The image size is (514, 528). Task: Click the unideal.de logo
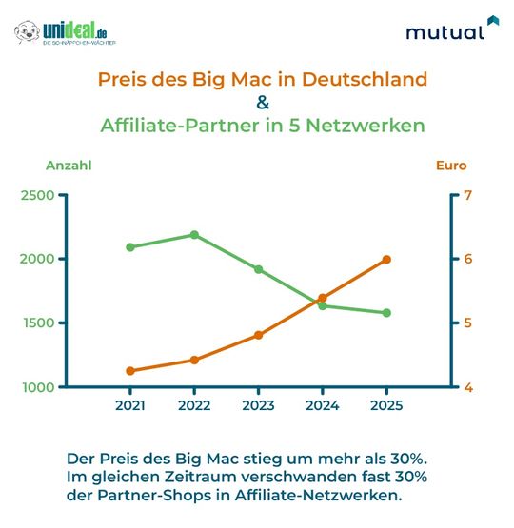coord(66,33)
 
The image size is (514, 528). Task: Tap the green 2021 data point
coord(130,247)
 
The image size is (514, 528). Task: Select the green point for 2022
coord(194,234)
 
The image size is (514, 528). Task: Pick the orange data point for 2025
coord(386,259)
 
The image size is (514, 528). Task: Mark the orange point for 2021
coord(130,371)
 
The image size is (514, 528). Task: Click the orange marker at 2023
coord(258,335)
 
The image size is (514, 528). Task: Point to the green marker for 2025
coord(386,313)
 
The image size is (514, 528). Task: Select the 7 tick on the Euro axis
coord(467,195)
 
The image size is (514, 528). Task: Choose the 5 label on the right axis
coord(467,323)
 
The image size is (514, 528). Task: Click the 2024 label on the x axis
coord(323,406)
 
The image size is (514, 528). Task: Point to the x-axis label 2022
coord(194,406)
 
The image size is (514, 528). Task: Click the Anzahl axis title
coord(69,166)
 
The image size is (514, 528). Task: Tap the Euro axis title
coord(451,166)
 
